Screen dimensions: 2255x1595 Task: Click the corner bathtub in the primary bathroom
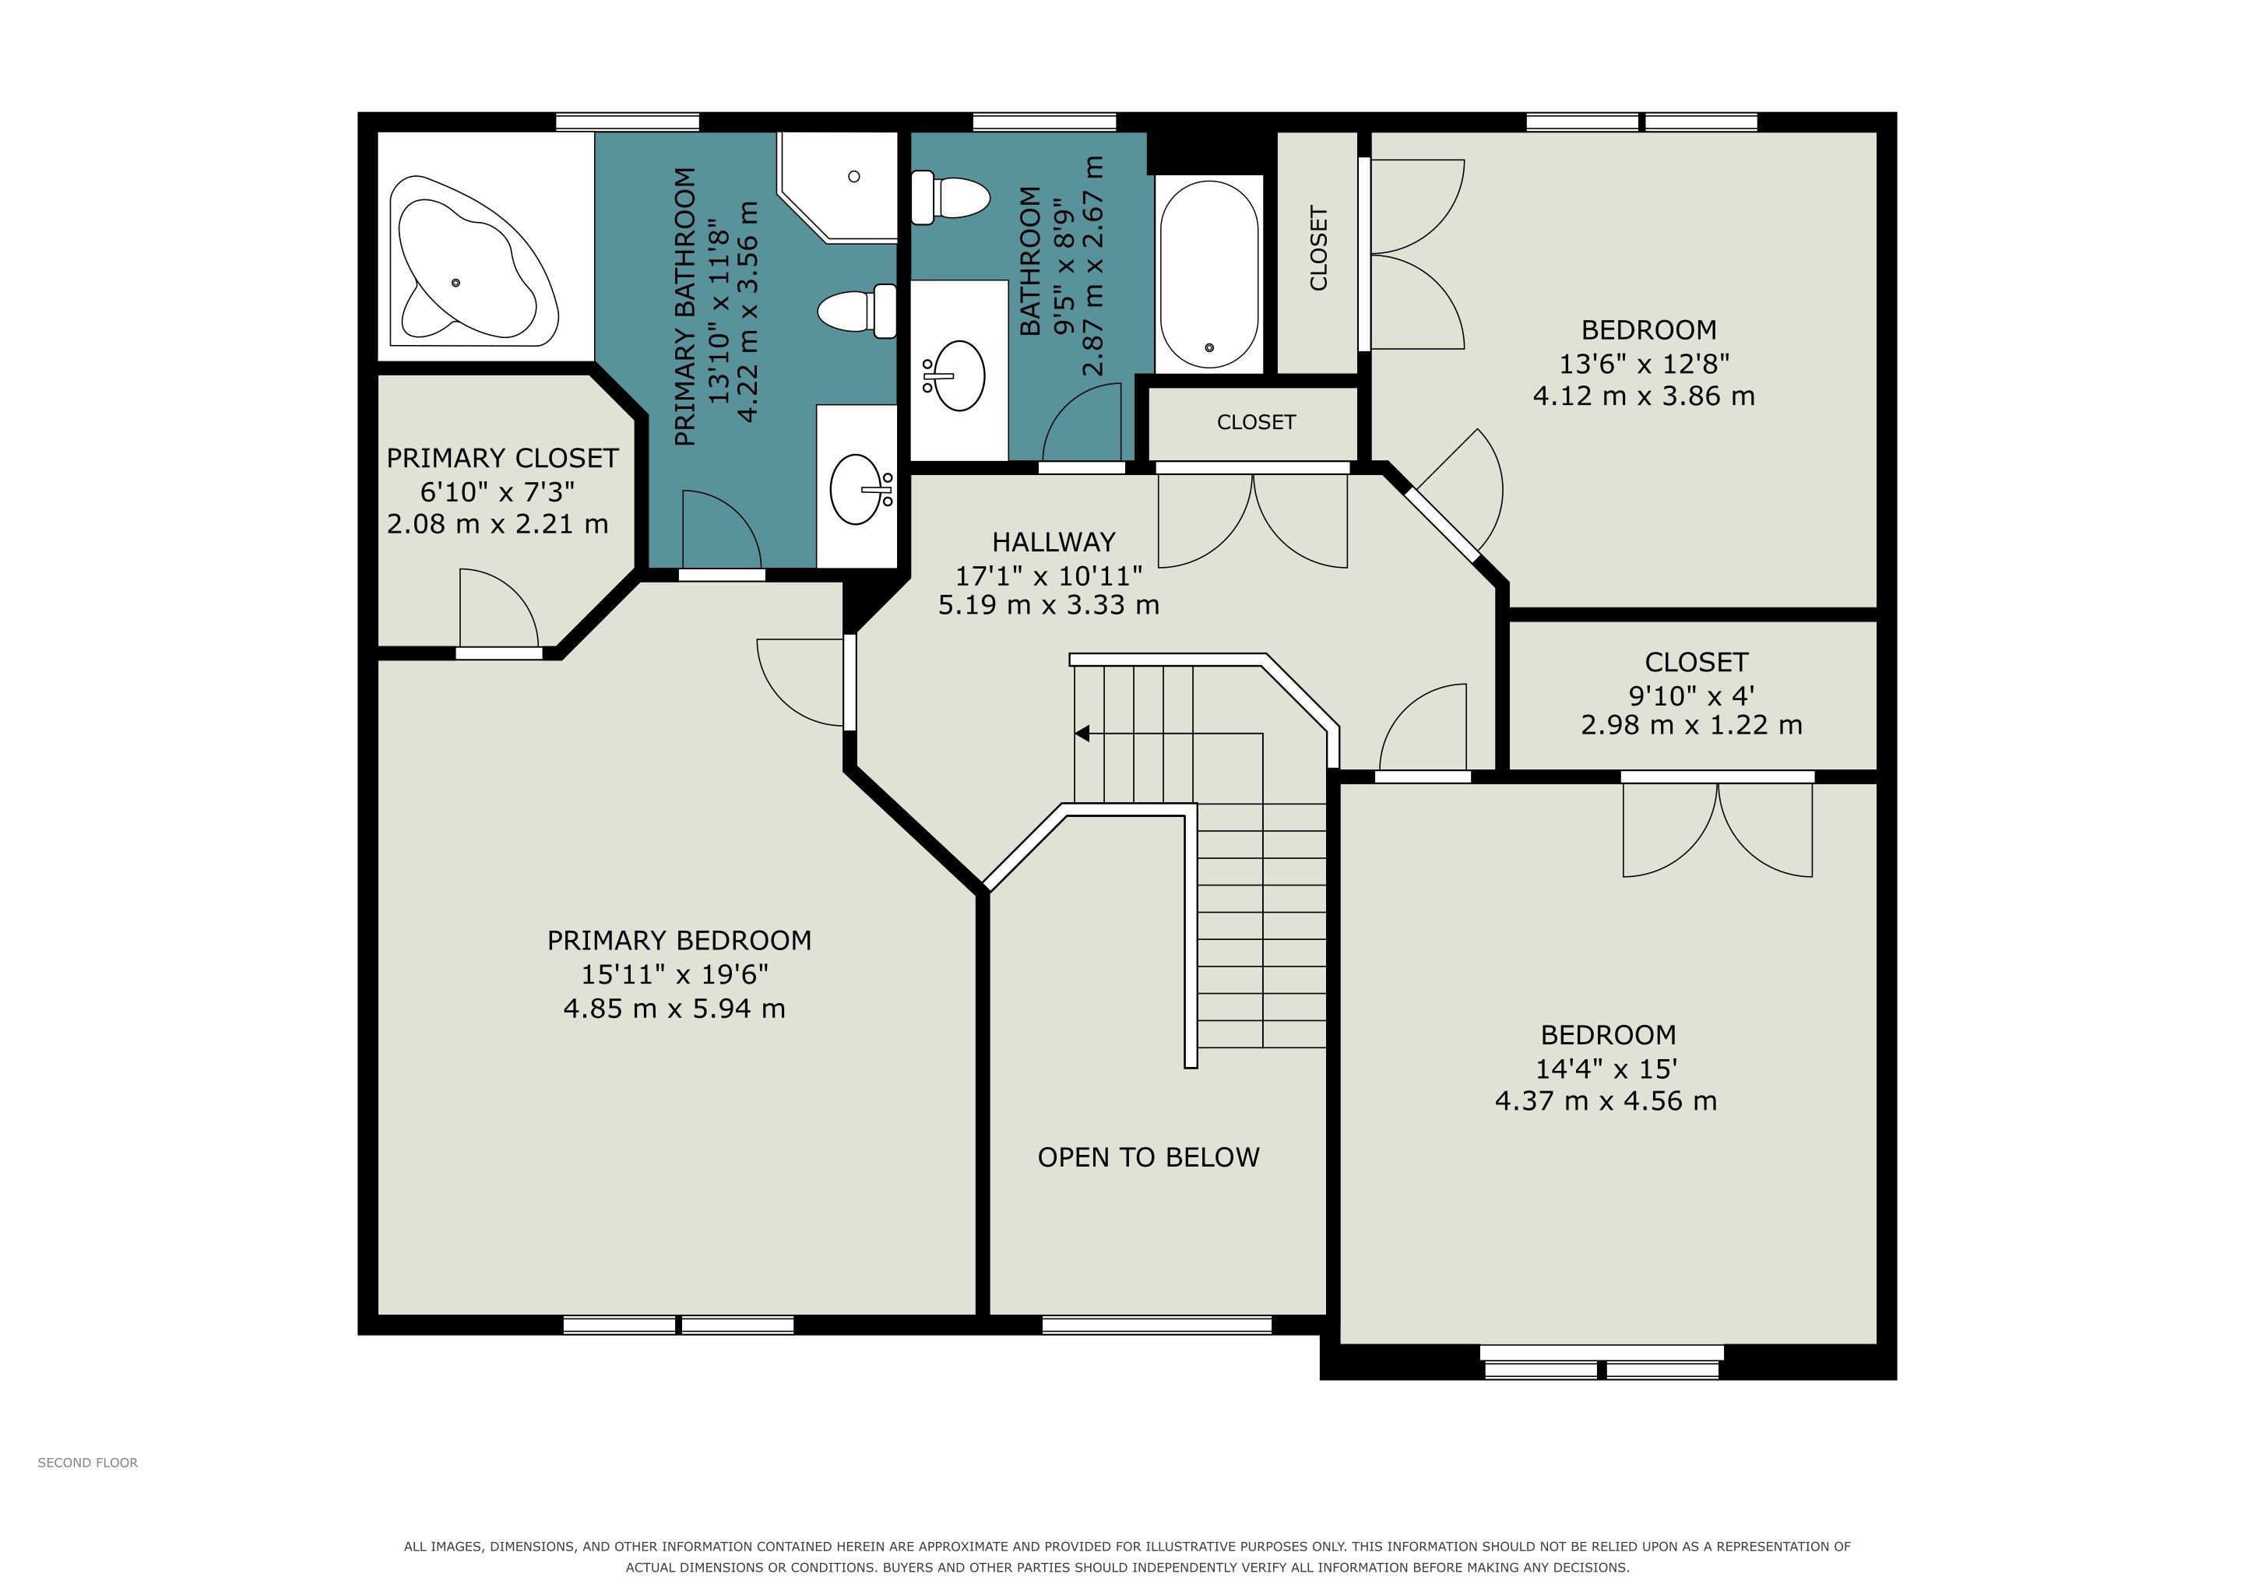(x=473, y=261)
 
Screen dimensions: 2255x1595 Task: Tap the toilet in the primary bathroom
(x=857, y=312)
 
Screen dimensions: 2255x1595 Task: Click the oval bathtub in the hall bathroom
(x=1209, y=274)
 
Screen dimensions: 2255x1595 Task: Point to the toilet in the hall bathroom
(x=948, y=197)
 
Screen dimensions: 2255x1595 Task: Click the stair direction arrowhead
(x=1082, y=734)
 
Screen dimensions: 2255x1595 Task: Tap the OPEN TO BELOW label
(x=1148, y=1157)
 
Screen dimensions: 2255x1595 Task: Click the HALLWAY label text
(x=1053, y=542)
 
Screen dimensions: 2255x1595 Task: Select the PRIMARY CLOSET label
(x=502, y=459)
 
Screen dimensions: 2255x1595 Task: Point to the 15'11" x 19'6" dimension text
(x=675, y=974)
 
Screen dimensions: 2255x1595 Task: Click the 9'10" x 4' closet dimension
(x=1691, y=695)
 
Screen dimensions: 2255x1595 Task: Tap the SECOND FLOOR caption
(x=87, y=1463)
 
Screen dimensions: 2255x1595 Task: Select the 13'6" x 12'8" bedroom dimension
(x=1644, y=364)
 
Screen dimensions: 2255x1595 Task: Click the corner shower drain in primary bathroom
(x=853, y=177)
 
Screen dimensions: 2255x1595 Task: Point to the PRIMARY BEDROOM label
(x=679, y=941)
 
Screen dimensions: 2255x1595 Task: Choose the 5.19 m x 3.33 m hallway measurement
(x=1049, y=605)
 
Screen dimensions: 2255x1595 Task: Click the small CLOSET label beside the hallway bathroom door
(x=1256, y=422)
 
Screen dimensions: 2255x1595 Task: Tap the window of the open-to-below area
(x=1157, y=1325)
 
